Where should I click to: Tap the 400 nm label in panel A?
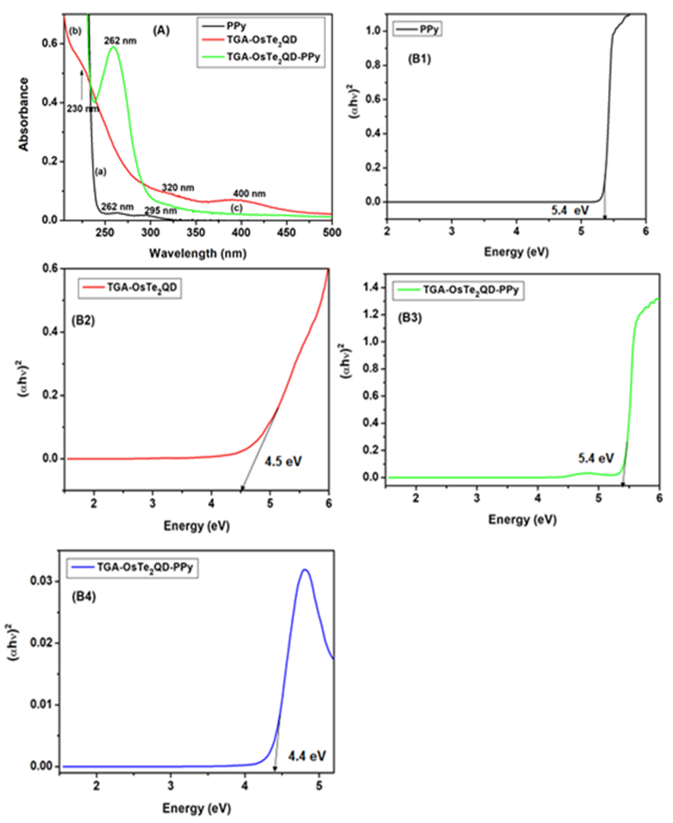[249, 193]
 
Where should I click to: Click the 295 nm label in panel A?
[161, 211]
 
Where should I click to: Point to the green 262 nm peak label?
[120, 41]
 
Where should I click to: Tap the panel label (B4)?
[84, 597]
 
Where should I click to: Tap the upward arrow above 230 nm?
[82, 83]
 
